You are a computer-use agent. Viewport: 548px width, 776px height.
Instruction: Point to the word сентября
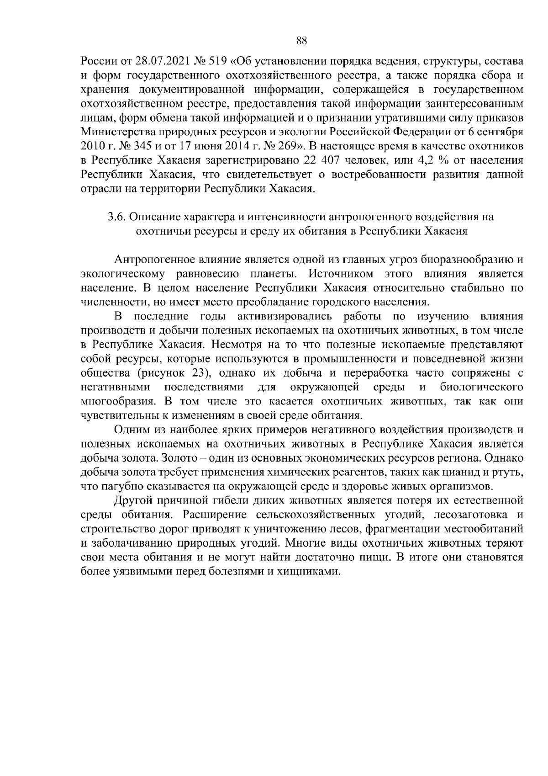501,132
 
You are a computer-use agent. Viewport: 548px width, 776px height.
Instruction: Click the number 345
134,146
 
